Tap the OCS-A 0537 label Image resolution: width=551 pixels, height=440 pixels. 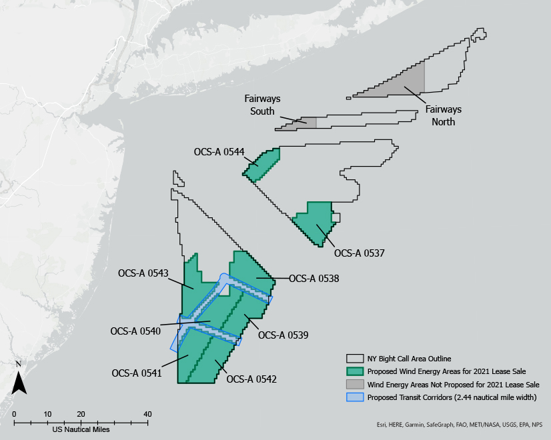click(359, 253)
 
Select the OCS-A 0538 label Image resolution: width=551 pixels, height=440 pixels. click(314, 279)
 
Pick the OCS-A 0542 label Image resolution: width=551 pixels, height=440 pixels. click(251, 379)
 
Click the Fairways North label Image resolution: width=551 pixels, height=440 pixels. click(443, 115)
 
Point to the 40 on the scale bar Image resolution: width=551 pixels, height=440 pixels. click(147, 414)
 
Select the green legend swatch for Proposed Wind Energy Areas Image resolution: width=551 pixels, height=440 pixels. click(356, 371)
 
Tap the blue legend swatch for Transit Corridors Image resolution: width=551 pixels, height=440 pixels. click(356, 397)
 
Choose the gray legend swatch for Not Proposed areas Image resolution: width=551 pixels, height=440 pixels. click(356, 384)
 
